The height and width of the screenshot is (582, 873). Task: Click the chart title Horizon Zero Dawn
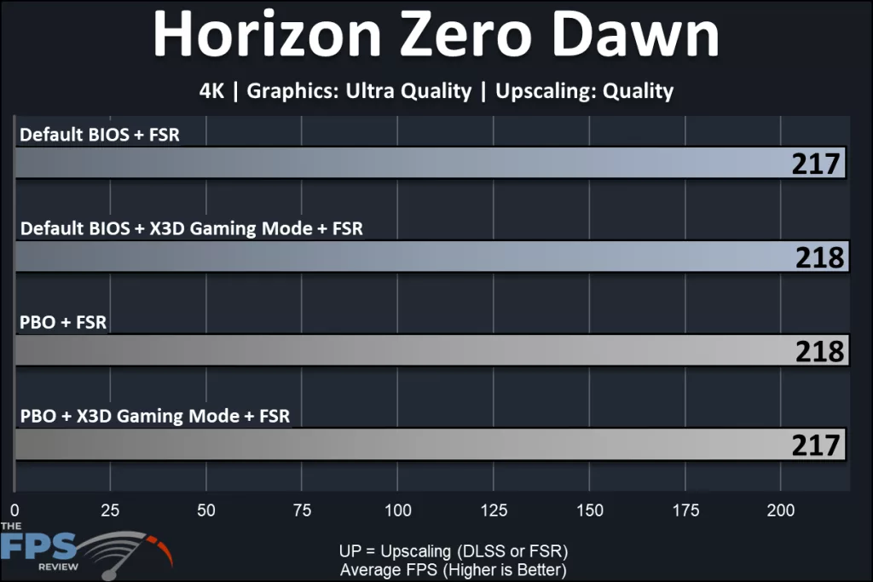click(x=436, y=36)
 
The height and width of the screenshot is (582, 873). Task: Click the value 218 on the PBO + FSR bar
click(x=819, y=351)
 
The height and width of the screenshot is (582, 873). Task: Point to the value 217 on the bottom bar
click(x=817, y=445)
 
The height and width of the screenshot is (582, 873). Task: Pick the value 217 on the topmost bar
click(x=817, y=164)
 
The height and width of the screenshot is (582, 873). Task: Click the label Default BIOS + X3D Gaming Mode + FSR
click(x=192, y=228)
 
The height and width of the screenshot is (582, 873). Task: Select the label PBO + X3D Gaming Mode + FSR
click(x=155, y=416)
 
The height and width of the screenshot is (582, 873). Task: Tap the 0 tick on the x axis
click(x=14, y=510)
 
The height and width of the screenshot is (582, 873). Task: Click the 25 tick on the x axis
click(x=110, y=510)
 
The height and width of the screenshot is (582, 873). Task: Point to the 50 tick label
click(x=206, y=510)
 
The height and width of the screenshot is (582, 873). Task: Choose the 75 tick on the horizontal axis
click(x=302, y=510)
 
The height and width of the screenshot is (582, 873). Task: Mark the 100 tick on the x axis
click(x=398, y=510)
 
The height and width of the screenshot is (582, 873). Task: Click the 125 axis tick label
click(x=494, y=510)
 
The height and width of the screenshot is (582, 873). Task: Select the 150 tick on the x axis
click(x=590, y=510)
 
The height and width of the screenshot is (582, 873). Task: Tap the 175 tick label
click(x=686, y=510)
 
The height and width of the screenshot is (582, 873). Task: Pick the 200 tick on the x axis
click(x=782, y=510)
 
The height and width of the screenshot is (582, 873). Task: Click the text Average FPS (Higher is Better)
click(x=453, y=568)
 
